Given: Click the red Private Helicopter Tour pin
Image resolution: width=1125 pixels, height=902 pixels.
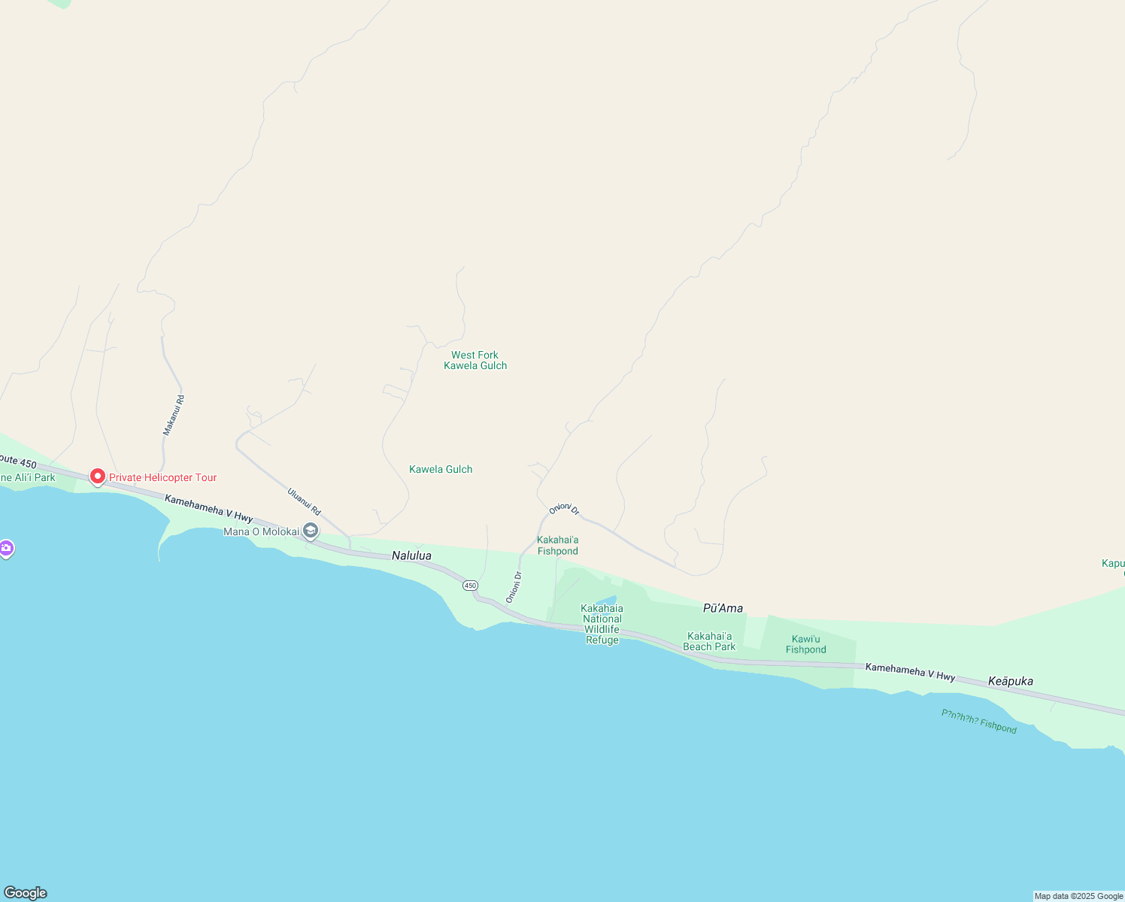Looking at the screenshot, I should pyautogui.click(x=97, y=477).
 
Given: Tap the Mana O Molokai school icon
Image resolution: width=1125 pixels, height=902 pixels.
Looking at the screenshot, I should pyautogui.click(x=310, y=531).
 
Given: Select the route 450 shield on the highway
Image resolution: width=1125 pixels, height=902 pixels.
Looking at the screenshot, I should pyautogui.click(x=470, y=585).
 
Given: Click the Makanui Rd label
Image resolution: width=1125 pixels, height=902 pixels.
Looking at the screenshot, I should pyautogui.click(x=174, y=416).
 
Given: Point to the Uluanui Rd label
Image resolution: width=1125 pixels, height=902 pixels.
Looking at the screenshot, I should pyautogui.click(x=304, y=502).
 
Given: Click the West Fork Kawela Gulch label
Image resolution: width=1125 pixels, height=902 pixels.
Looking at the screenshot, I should pyautogui.click(x=475, y=360).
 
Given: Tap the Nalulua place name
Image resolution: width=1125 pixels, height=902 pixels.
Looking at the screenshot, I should pyautogui.click(x=411, y=555).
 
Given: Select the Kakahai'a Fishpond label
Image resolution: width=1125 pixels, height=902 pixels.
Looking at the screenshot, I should pyautogui.click(x=558, y=546).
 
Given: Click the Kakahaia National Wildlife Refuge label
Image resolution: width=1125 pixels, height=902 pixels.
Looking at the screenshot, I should pyautogui.click(x=602, y=624).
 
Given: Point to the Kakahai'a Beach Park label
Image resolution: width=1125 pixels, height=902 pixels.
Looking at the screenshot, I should pyautogui.click(x=709, y=641).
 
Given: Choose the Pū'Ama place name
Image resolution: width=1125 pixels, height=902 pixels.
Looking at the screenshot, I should pyautogui.click(x=723, y=608).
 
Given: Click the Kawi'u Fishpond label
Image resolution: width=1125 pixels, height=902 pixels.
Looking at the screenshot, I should pyautogui.click(x=805, y=644).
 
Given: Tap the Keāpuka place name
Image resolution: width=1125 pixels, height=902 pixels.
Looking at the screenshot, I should pyautogui.click(x=1010, y=681).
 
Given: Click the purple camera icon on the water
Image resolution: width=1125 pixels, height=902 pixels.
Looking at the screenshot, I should pyautogui.click(x=6, y=549).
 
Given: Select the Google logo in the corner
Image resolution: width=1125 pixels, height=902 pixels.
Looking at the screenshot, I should pyautogui.click(x=26, y=893).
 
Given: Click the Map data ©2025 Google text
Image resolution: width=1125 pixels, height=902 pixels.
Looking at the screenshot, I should pyautogui.click(x=1078, y=896).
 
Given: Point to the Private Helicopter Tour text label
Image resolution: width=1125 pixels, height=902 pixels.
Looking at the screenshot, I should pyautogui.click(x=162, y=477).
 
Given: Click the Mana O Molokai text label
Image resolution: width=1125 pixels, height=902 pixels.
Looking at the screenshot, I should pyautogui.click(x=262, y=531).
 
